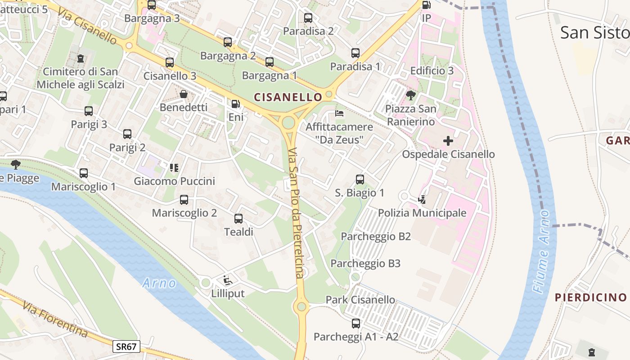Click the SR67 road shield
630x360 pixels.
[126, 346]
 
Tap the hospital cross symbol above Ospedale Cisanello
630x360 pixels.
[448, 141]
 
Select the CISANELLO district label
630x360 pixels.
[288, 97]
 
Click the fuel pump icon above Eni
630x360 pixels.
[236, 104]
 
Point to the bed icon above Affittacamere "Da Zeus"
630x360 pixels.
[339, 113]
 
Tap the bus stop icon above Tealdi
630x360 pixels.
[238, 219]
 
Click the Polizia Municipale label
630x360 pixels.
[422, 213]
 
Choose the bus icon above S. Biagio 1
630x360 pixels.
[360, 180]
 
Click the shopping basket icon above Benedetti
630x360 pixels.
[184, 94]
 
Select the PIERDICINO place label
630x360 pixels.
[590, 297]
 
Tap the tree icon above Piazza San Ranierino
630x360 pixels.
[410, 95]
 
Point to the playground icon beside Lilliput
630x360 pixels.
[228, 280]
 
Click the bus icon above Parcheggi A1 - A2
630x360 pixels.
[356, 323]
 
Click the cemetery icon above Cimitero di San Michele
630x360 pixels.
[81, 58]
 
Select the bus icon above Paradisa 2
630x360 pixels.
[308, 18]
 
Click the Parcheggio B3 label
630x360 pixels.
[365, 264]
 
